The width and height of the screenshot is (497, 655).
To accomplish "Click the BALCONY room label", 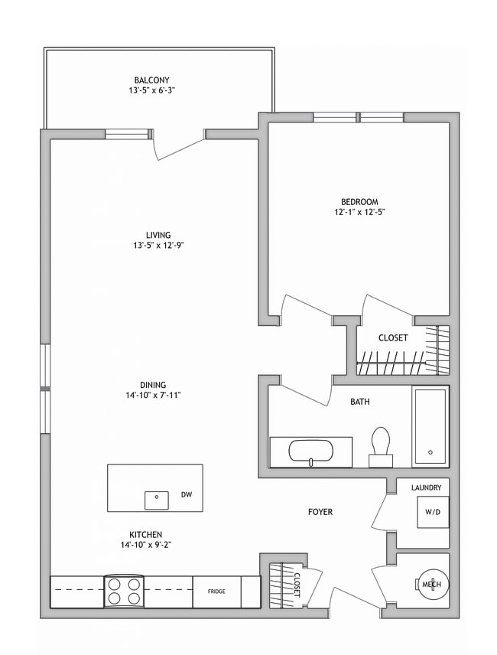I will click(151, 80).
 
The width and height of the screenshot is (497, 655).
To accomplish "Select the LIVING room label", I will click(158, 235).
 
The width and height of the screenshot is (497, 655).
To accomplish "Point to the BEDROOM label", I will click(359, 202).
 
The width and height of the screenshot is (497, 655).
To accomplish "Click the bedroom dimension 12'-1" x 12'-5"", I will click(359, 213).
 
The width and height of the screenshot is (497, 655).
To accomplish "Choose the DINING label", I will click(153, 385).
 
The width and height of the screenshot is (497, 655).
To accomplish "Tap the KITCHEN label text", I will click(145, 534).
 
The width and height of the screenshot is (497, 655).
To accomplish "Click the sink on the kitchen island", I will click(157, 499).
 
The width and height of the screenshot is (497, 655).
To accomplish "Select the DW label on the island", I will click(186, 495).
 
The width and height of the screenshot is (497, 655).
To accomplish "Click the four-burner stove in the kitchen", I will click(124, 591).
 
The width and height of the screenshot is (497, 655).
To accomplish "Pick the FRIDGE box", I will click(216, 591).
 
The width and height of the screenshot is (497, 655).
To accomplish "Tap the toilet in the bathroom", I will click(380, 445).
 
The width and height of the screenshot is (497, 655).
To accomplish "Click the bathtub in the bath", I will click(430, 426).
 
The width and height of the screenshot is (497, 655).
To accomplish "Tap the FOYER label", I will click(320, 512).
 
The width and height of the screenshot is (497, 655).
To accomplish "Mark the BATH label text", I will click(361, 401).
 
